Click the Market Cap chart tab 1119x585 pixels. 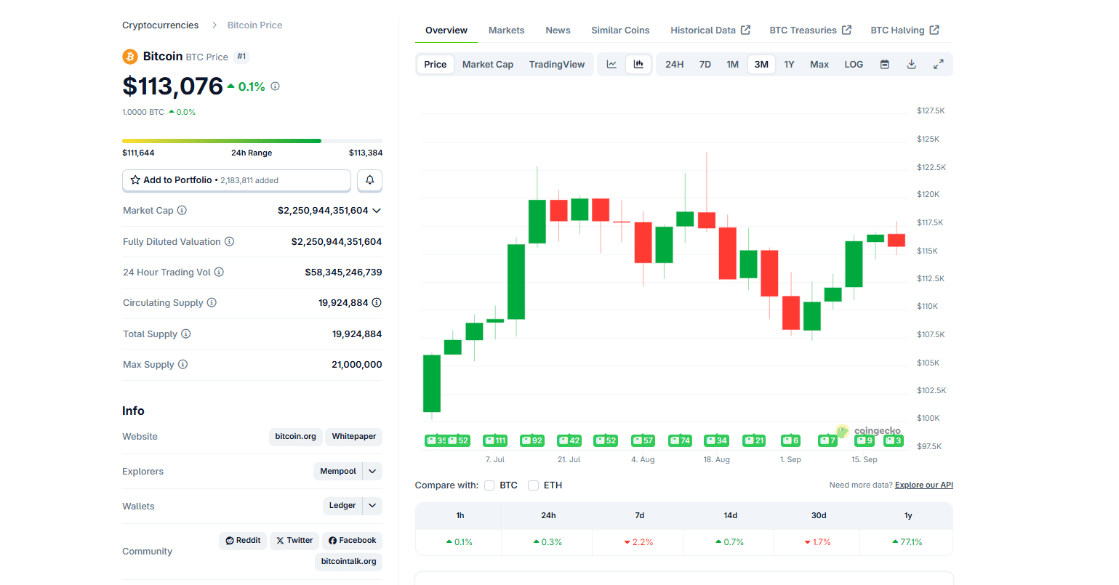[487, 65]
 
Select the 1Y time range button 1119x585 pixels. [789, 65]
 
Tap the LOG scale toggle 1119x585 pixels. [854, 65]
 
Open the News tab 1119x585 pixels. [558, 31]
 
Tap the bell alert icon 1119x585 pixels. [369, 180]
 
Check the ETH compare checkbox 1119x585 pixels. [533, 485]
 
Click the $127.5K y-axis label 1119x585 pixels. [931, 111]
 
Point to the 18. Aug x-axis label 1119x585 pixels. [716, 460]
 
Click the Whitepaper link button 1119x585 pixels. [353, 437]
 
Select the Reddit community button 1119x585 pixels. [243, 541]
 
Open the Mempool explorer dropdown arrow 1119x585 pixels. [372, 471]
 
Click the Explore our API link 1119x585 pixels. [923, 485]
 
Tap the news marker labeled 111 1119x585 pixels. [495, 440]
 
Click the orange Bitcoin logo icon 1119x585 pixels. [130, 57]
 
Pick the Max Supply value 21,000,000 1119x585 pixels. [356, 365]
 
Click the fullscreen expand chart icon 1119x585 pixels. [938, 65]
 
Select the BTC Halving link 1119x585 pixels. [904, 31]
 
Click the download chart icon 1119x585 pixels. [911, 65]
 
